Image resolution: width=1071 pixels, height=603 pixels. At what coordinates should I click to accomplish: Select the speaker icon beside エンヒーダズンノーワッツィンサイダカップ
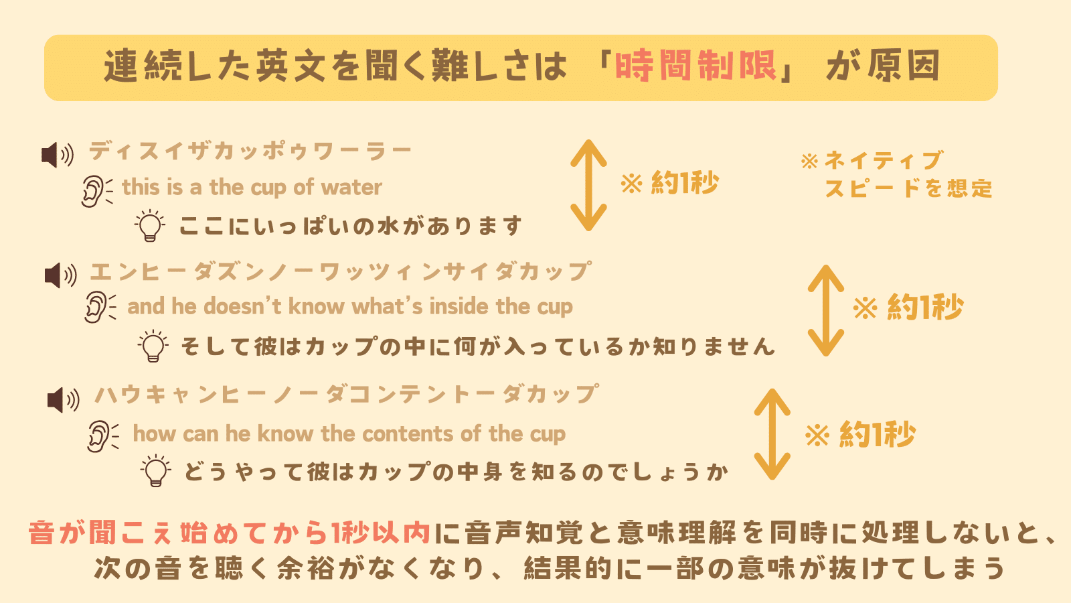click(60, 275)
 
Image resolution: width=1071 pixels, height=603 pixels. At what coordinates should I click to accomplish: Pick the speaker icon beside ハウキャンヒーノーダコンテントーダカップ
click(63, 400)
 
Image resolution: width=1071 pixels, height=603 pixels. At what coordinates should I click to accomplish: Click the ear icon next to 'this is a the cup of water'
click(96, 191)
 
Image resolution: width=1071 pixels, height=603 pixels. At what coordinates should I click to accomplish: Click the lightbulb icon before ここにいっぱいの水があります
click(149, 226)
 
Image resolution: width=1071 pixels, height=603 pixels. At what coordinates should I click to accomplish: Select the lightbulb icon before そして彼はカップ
click(153, 346)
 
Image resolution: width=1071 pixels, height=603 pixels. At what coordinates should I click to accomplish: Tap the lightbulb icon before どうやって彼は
click(156, 471)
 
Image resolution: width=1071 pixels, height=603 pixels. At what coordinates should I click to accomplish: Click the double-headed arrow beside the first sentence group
click(588, 185)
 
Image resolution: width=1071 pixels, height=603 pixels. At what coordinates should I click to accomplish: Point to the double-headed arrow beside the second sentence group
click(825, 310)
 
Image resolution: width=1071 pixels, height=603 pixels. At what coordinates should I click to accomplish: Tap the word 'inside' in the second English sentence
click(459, 307)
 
